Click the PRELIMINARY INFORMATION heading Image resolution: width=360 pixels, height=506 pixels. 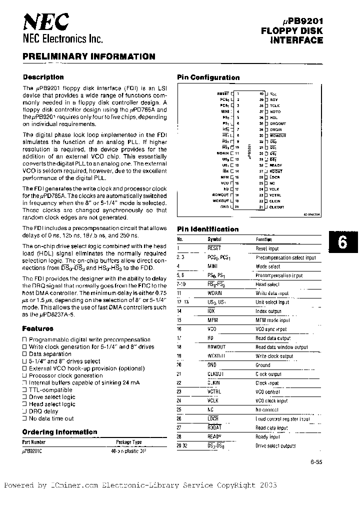click(x=88, y=57)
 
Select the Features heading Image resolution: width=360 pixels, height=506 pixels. click(x=37, y=328)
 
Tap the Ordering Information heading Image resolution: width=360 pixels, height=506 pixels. click(x=59, y=432)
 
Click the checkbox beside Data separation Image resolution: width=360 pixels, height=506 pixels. click(x=25, y=354)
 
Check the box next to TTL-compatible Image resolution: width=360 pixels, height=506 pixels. click(x=25, y=389)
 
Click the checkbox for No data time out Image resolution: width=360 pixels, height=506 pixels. click(x=25, y=418)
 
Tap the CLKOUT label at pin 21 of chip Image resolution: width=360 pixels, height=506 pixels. click(x=276, y=207)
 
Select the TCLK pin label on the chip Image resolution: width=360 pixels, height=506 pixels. click(x=274, y=105)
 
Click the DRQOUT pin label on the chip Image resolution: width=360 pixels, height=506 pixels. click(x=277, y=123)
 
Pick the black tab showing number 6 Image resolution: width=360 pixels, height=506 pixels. click(x=342, y=242)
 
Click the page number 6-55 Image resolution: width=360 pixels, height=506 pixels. click(x=316, y=462)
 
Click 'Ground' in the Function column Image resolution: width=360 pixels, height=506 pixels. click(x=262, y=365)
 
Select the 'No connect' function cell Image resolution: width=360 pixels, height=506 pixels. click(x=266, y=409)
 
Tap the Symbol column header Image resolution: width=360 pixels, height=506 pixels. click(x=213, y=239)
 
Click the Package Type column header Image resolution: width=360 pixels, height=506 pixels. click(x=128, y=442)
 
